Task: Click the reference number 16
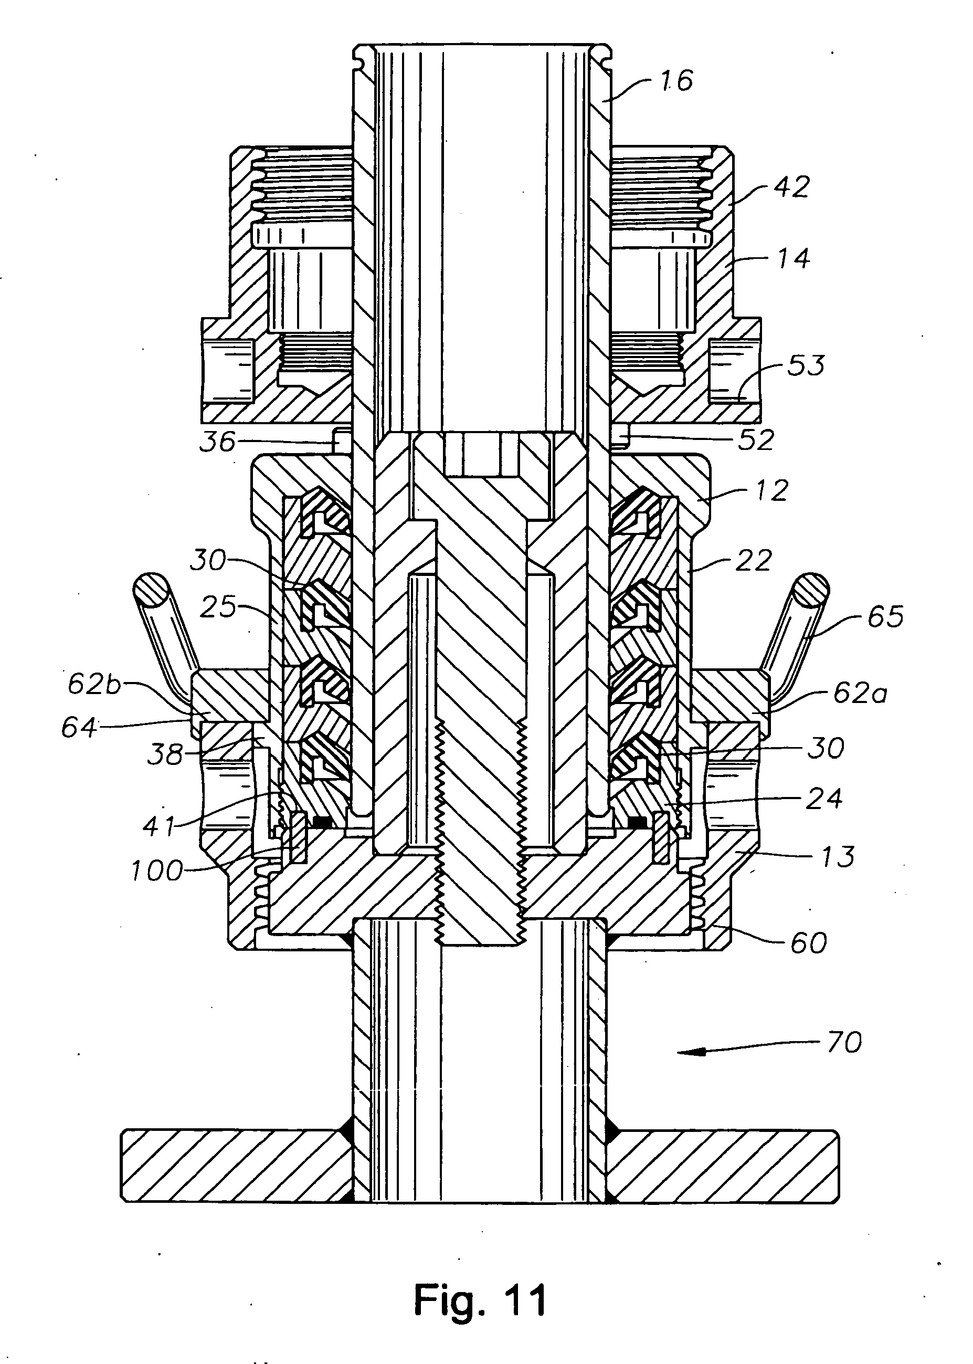677,81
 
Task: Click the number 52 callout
757,440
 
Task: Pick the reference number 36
217,442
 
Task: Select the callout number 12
771,491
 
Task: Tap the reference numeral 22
754,561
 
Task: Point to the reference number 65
885,617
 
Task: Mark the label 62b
94,685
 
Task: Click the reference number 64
79,728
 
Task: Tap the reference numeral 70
844,1043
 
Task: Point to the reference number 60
808,943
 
